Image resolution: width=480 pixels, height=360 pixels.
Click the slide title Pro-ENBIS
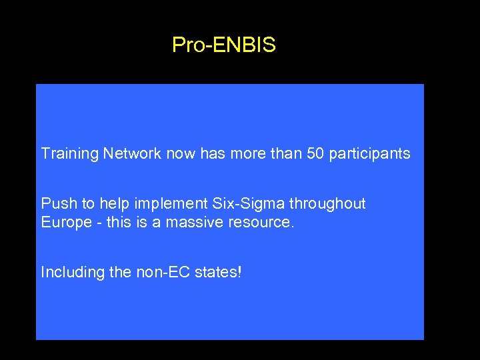(223, 45)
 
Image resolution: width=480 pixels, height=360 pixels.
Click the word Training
(70, 154)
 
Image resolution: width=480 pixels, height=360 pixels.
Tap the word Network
(132, 153)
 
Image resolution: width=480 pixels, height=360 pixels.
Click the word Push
(55, 203)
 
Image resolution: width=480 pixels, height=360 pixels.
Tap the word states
(213, 272)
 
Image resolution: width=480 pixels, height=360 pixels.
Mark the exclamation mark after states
(239, 272)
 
